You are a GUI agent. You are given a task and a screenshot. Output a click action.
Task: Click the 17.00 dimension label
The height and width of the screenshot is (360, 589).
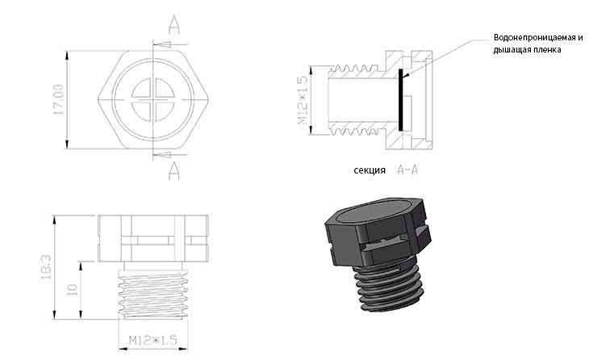click(x=59, y=99)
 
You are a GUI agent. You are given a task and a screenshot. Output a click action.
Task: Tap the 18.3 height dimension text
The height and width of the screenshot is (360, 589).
click(x=46, y=267)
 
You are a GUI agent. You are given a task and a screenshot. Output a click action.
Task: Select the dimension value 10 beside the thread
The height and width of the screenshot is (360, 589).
click(x=72, y=289)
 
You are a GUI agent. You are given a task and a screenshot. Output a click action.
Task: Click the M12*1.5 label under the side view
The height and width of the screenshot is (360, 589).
click(x=152, y=340)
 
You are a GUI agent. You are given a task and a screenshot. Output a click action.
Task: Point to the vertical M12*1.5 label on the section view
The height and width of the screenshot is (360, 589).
click(x=303, y=100)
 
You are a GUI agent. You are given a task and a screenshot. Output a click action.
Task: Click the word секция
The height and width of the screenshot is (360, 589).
click(x=370, y=170)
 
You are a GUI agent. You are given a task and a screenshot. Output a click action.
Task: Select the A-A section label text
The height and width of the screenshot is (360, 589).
click(x=407, y=170)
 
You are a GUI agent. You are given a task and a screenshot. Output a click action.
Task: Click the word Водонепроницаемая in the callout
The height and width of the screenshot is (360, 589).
click(x=535, y=38)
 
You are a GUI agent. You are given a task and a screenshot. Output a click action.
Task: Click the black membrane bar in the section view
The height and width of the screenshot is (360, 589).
click(x=400, y=100)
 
